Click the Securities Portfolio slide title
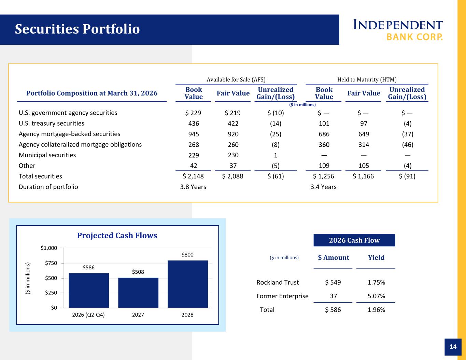77,29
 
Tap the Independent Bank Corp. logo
398,30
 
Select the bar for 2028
188,284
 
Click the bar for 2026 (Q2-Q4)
89,291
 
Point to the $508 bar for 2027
138,293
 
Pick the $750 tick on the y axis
51,263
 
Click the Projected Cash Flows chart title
117,235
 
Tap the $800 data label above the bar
187,255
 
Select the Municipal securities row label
47,155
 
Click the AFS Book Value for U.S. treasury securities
194,124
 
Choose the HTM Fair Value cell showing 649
364,134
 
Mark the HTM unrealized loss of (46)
408,145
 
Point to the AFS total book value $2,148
193,176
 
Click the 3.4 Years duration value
323,187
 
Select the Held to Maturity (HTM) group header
367,80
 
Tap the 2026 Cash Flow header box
354,240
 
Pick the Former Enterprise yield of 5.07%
376,296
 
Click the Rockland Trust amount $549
333,282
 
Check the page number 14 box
453,347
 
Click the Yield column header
376,257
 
